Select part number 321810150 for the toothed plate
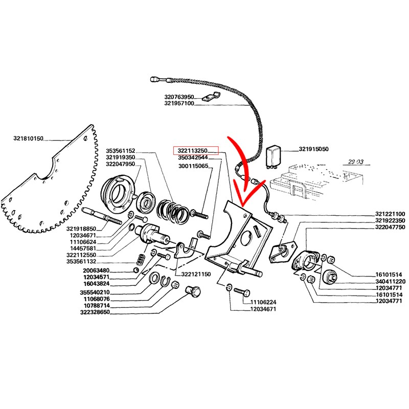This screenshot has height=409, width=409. [x=29, y=139]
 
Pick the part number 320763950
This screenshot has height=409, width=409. [x=179, y=96]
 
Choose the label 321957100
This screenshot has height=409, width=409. [x=179, y=103]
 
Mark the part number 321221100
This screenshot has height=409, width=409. [x=390, y=214]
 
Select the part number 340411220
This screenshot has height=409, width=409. [x=390, y=282]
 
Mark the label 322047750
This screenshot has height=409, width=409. [x=390, y=227]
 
